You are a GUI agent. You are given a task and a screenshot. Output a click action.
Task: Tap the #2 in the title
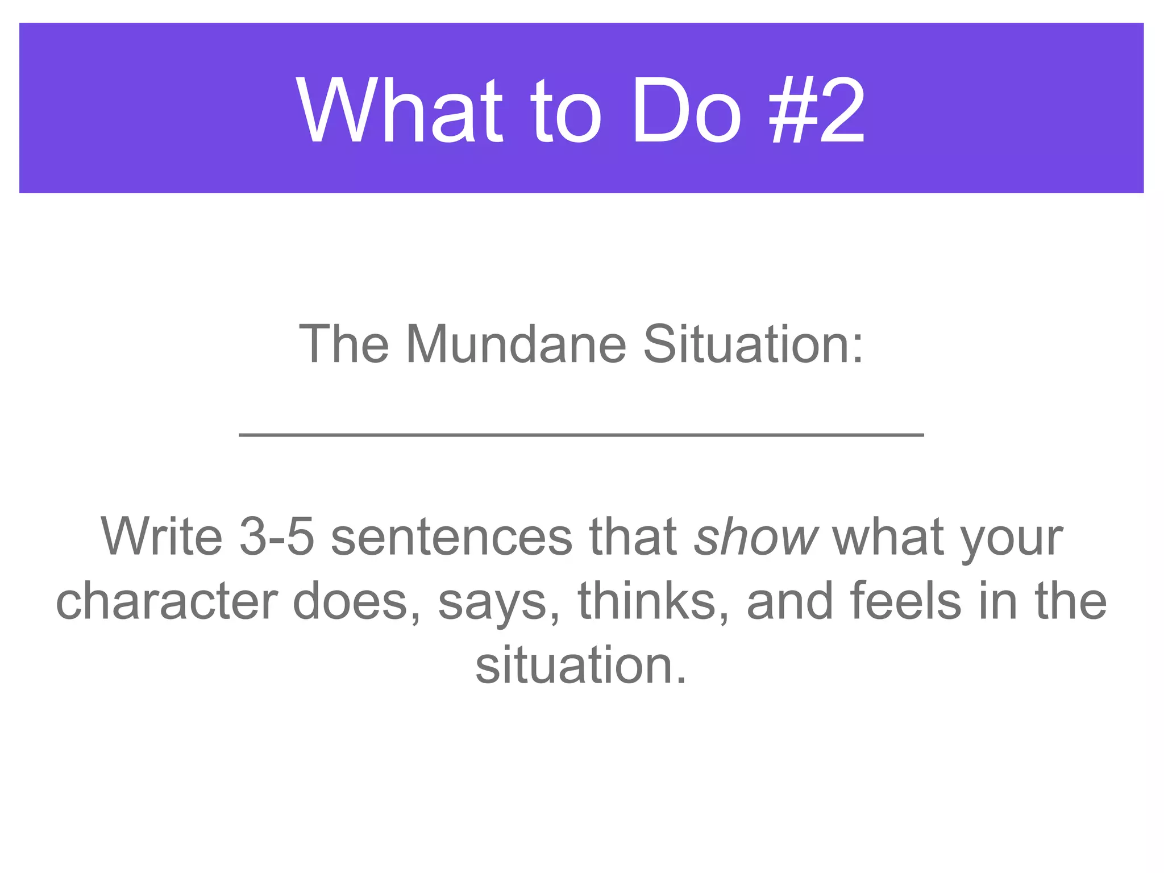pyautogui.click(x=817, y=111)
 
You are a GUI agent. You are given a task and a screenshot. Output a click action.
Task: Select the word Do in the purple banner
pyautogui.click(x=687, y=111)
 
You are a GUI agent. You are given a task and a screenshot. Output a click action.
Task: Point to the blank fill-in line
pyautogui.click(x=581, y=435)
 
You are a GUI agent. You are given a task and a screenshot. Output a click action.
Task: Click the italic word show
pyautogui.click(x=756, y=537)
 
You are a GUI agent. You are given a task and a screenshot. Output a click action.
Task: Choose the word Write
pyautogui.click(x=162, y=537)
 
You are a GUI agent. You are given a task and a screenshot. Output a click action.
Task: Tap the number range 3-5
pyautogui.click(x=277, y=537)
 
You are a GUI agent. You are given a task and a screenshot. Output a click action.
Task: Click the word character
pyautogui.click(x=167, y=601)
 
